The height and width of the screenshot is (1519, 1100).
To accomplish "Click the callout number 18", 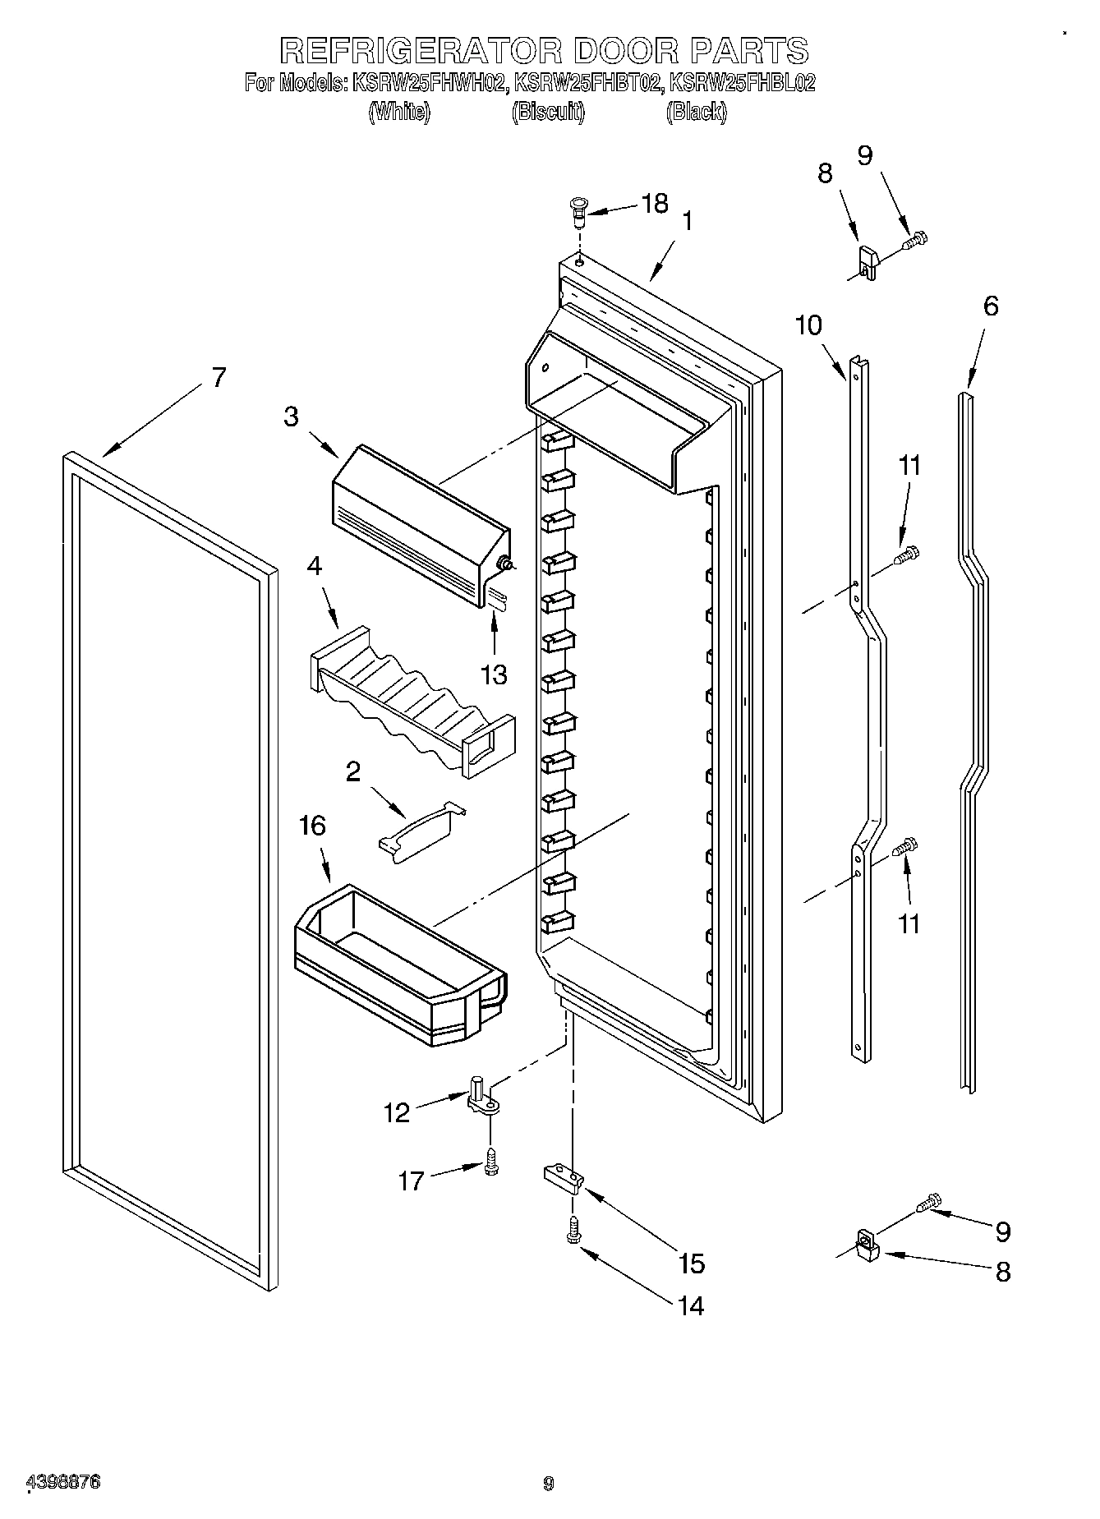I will click(655, 203).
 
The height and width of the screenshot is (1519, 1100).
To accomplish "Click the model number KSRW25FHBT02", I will click(587, 83).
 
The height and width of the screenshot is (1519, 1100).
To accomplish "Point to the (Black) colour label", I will click(696, 113).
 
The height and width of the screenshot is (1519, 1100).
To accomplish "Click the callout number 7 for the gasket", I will click(218, 377).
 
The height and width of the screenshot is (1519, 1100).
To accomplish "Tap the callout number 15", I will click(692, 1264).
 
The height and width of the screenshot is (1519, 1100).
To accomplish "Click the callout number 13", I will click(494, 674).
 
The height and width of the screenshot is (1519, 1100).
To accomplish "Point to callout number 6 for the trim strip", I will click(991, 306).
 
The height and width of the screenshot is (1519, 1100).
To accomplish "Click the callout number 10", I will click(808, 325).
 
